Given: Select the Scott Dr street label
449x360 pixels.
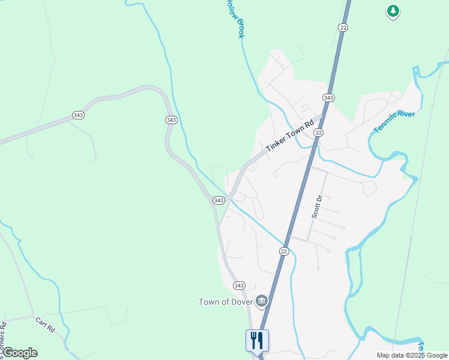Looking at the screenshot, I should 317,206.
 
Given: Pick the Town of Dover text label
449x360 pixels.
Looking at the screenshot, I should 226,302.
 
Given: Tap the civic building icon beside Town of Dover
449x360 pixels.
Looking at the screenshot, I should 261,301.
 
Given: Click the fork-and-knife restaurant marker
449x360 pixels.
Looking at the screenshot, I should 257,340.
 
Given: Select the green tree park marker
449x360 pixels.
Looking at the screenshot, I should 393,11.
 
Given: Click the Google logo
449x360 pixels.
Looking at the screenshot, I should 20,353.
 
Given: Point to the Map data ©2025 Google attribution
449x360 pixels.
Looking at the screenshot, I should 412,355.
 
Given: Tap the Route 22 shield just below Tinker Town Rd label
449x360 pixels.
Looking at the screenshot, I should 319,133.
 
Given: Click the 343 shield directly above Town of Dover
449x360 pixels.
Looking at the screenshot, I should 239,285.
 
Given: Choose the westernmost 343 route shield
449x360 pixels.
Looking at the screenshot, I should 77,115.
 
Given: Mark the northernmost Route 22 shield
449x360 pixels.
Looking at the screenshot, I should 343,28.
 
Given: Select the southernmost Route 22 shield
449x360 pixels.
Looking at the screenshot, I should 284,251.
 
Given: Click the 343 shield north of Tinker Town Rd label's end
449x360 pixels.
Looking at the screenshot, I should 328,98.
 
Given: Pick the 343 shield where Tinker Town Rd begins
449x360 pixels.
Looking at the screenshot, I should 218,200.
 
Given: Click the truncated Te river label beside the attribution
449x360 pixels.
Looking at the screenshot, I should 421,347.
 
